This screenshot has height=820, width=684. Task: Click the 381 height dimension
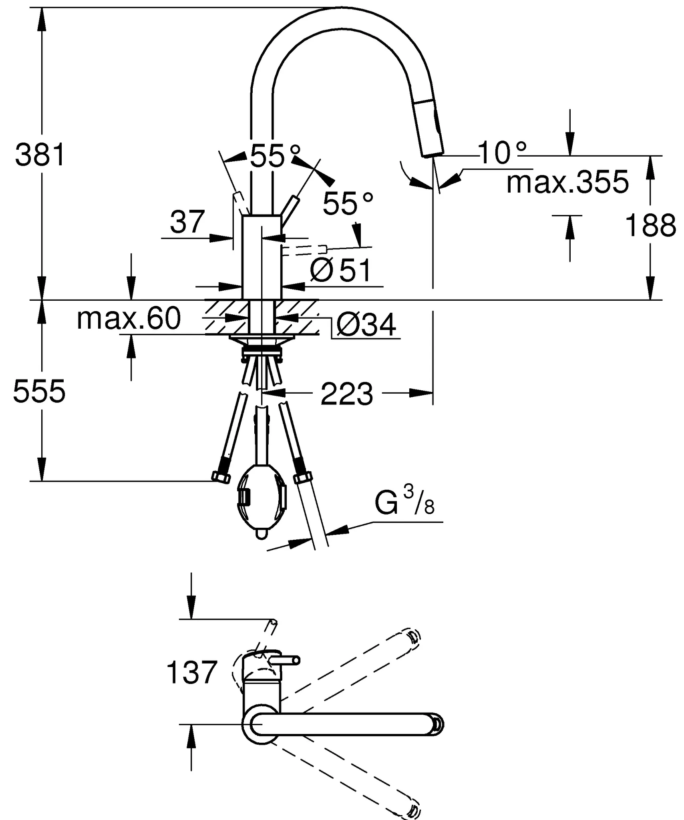coord(40,155)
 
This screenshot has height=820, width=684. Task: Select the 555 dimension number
coord(39,391)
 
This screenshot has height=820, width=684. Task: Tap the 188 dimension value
coord(650,225)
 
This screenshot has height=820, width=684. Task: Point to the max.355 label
coord(567,183)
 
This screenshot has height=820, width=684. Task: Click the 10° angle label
coord(502,153)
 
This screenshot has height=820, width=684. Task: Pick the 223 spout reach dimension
coord(347,394)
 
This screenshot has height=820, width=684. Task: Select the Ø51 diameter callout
coord(340,270)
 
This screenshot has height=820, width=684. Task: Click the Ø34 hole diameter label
coord(366,324)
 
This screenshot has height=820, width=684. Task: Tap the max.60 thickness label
coord(129,319)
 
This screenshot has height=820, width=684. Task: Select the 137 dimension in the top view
coord(191,672)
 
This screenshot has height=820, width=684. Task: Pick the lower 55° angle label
coord(348,203)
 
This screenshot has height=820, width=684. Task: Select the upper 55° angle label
coord(274,156)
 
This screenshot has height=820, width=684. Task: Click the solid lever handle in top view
coord(284,660)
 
